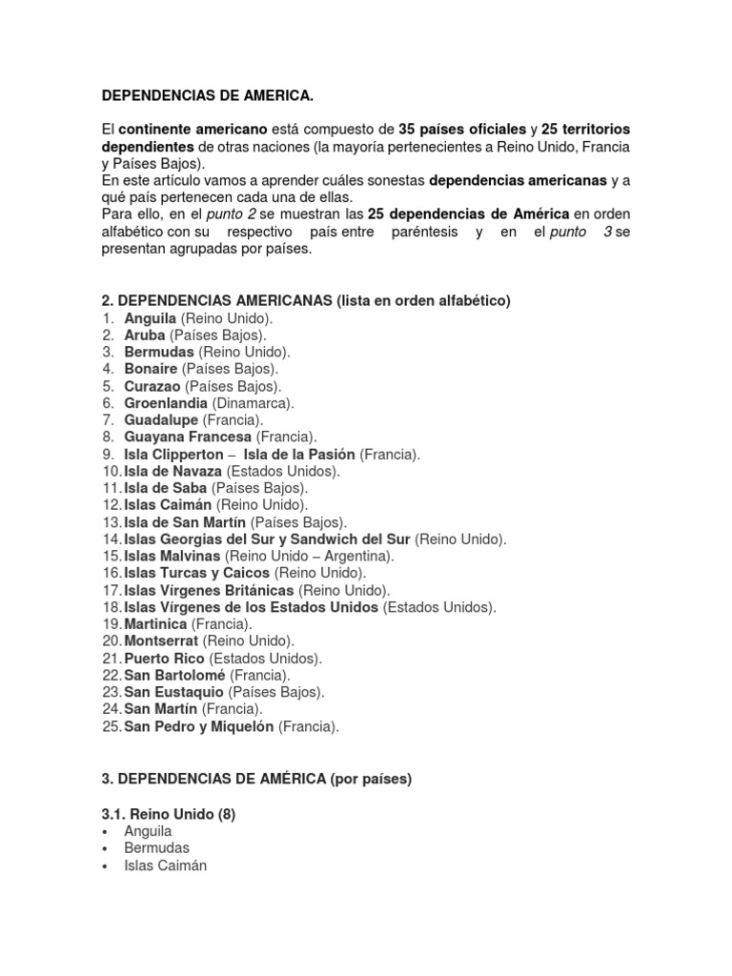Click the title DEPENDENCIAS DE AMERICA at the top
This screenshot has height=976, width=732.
207,96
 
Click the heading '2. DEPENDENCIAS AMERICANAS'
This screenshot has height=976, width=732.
306,301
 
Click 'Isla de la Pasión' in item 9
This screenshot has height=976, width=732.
299,455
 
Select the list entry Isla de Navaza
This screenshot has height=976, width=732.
173,472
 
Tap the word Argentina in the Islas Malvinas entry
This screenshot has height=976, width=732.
357,556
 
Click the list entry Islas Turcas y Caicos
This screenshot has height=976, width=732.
197,573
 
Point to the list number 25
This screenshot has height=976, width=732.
111,727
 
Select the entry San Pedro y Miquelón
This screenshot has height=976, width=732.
198,727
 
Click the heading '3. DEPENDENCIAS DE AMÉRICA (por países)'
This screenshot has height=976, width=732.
256,780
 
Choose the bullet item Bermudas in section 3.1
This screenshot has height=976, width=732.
156,848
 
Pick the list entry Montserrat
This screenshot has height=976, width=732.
162,641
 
